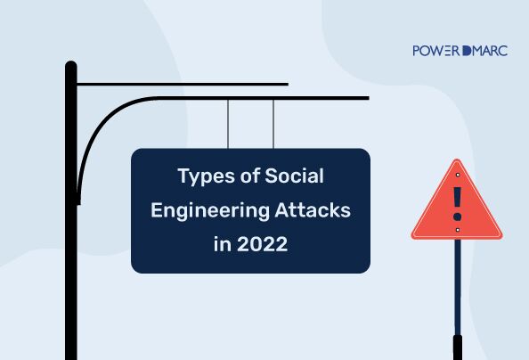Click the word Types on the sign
[206, 176]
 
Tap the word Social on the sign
[294, 176]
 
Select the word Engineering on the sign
[210, 211]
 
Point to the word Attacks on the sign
[313, 209]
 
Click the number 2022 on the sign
[263, 244]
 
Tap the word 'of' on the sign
[249, 176]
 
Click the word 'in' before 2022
[223, 244]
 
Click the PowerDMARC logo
[460, 51]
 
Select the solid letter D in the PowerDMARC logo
[467, 51]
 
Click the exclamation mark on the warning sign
[457, 204]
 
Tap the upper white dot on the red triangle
[458, 175]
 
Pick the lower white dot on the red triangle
[458, 230]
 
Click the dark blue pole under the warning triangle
[458, 287]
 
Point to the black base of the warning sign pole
[458, 348]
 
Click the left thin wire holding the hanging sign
[228, 124]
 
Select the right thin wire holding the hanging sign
[273, 124]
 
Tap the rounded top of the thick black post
[71, 65]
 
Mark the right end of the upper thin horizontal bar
[289, 84]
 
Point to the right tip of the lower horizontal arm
[369, 98]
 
